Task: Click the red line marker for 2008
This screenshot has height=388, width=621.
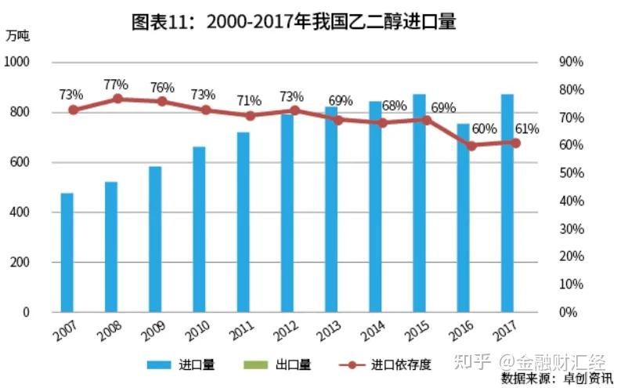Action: (117, 99)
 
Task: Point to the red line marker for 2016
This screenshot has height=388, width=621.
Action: (471, 145)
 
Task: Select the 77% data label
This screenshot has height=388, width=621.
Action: (115, 85)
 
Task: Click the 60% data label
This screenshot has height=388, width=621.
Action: (484, 129)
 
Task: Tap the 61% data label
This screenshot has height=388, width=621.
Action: (526, 129)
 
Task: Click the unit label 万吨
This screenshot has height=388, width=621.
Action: (16, 35)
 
